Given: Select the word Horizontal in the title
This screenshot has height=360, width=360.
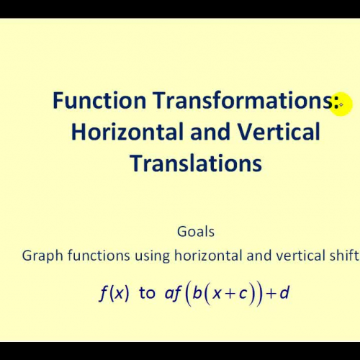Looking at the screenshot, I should (x=120, y=132).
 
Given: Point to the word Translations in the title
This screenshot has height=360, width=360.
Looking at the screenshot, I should (x=196, y=163).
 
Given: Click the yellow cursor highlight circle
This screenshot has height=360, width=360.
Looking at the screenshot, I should (x=339, y=105).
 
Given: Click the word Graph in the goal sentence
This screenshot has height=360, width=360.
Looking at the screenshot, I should (x=41, y=255).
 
